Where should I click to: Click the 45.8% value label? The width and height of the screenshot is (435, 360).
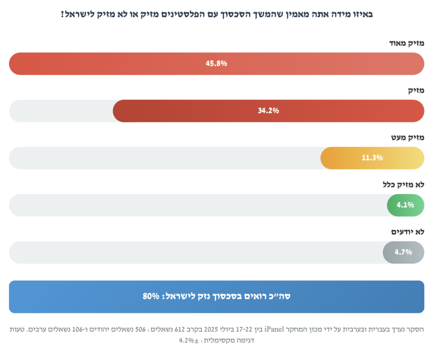tap(216, 64)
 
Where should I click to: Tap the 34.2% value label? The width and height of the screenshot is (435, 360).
tap(268, 111)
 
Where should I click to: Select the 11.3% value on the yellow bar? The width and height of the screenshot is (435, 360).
tap(372, 158)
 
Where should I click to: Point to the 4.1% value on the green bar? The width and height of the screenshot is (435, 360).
tap(405, 205)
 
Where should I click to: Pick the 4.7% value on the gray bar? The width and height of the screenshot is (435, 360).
tap(404, 252)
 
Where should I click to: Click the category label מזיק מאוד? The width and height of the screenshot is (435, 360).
tap(407, 43)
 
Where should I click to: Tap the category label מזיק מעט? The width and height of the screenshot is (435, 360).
tap(407, 138)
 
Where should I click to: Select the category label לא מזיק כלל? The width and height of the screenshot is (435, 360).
tap(404, 184)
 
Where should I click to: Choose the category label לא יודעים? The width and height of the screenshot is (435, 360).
tap(407, 232)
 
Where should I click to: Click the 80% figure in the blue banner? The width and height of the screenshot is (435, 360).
tap(151, 296)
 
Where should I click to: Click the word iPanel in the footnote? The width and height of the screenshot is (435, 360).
tap(274, 329)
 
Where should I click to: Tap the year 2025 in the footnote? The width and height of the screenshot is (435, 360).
tap(211, 329)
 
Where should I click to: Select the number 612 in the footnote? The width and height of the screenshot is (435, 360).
tap(180, 329)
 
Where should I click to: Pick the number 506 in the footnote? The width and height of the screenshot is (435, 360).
tap(140, 329)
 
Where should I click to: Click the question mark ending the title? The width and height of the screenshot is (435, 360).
tap(62, 14)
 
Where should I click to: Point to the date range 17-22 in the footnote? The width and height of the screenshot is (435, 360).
tap(243, 329)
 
